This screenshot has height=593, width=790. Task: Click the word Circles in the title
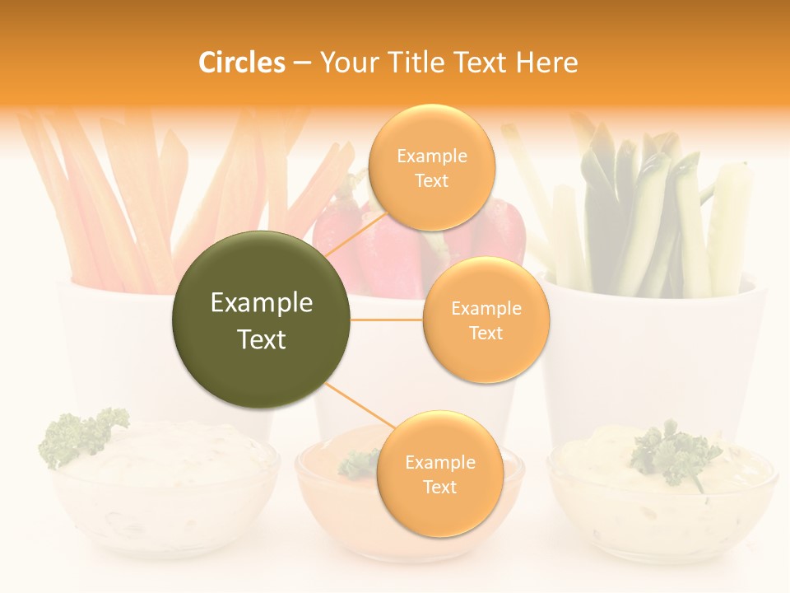point(242,63)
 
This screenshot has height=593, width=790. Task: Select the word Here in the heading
point(546,63)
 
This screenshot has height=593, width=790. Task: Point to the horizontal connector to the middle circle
point(386,320)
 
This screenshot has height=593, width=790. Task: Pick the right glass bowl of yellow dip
point(662,502)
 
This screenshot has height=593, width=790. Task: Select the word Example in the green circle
point(261,303)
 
